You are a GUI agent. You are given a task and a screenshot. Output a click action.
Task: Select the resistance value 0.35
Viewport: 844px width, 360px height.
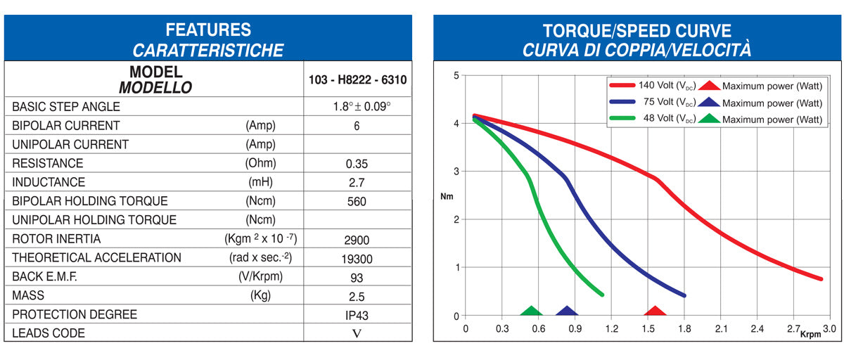coord(357,164)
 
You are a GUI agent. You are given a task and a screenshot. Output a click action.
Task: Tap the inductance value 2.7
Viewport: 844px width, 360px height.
coord(357,183)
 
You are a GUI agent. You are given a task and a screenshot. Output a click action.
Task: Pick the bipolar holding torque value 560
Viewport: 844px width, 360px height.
coord(357,202)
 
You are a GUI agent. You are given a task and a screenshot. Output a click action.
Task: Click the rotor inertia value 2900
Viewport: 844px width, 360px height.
coord(357,240)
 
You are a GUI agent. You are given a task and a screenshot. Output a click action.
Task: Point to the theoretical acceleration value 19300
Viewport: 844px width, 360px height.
coord(357,259)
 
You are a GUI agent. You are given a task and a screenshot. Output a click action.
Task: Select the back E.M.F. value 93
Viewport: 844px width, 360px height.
coord(357,278)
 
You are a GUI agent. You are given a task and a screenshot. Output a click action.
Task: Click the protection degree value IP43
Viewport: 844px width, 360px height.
coord(357,316)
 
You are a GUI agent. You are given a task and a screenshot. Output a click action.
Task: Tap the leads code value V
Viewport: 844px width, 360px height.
coord(357,334)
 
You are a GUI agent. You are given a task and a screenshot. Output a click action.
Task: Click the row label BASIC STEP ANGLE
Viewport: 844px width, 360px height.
coord(66,107)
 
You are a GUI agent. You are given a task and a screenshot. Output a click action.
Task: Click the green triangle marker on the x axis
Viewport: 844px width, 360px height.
coord(531,311)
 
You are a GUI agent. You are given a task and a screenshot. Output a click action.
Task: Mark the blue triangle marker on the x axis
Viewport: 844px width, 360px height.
coord(566,311)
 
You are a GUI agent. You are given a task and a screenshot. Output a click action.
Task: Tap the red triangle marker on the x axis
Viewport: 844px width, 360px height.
coord(656,311)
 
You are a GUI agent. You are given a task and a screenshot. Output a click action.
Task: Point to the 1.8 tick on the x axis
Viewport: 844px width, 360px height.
coord(684,328)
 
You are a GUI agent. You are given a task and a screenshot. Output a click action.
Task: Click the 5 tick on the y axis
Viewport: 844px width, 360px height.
coord(456,75)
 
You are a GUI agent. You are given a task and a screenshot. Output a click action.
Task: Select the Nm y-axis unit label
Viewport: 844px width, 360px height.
coord(447,196)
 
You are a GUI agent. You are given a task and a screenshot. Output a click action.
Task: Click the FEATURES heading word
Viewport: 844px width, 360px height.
coord(207,30)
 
